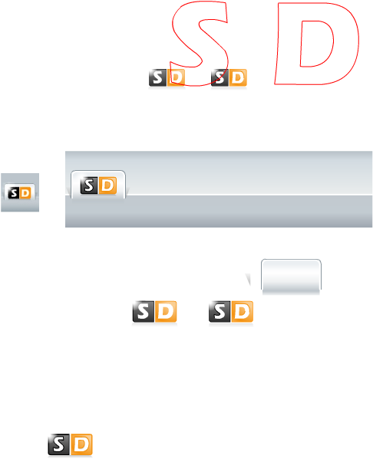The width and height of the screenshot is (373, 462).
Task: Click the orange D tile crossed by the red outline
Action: (177, 78)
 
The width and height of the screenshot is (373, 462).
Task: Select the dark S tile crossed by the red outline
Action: (220, 78)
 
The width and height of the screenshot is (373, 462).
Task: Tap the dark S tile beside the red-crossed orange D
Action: (158, 78)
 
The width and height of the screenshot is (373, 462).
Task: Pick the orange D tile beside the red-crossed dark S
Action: (238, 78)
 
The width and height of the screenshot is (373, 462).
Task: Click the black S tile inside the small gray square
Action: (14, 193)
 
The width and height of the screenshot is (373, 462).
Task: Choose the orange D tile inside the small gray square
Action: (25, 193)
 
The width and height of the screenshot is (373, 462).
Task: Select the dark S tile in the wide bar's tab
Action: (89, 185)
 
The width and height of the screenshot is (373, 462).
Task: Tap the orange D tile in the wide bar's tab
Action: (107, 185)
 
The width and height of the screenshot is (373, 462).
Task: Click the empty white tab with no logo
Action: (291, 277)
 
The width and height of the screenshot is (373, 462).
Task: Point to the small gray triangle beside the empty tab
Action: (249, 279)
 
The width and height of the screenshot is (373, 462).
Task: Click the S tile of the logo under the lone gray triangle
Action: (220, 311)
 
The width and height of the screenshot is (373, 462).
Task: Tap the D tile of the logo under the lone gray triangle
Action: (242, 311)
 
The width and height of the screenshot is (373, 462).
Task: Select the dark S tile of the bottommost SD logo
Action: (59, 444)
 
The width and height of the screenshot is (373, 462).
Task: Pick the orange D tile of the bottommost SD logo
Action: (81, 444)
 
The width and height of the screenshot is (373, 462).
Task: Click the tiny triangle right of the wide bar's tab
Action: (127, 192)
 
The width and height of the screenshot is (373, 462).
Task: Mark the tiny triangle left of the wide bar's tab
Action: (68, 192)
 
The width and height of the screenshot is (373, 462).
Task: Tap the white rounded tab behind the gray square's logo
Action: (19, 185)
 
